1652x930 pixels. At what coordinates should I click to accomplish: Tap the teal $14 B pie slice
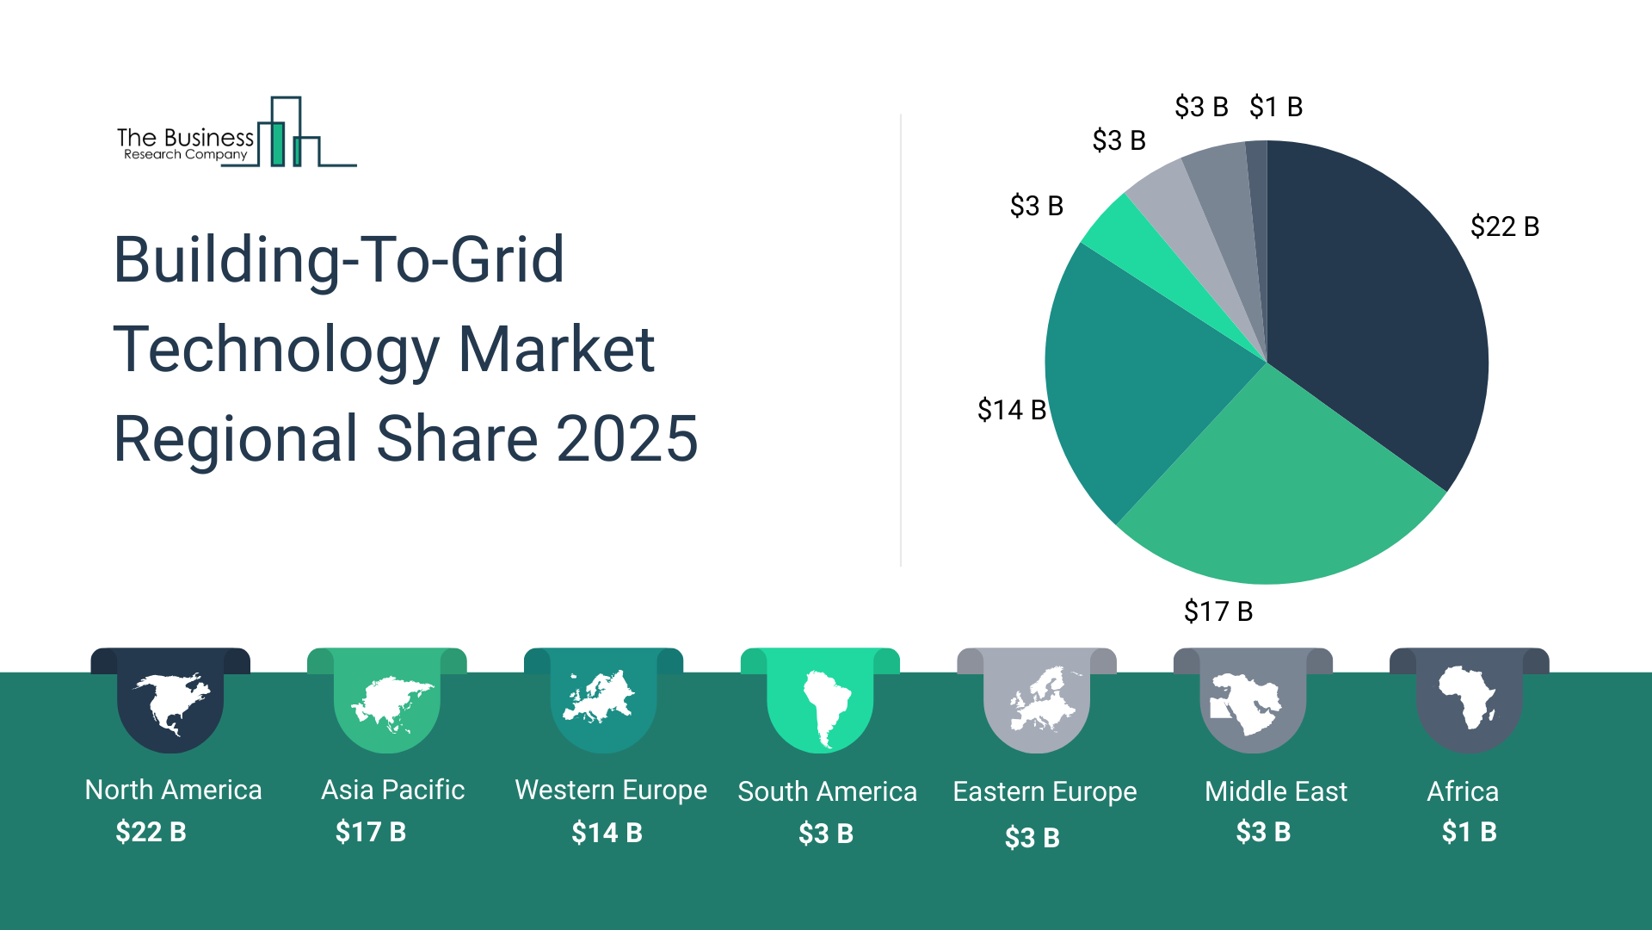pos(1136,379)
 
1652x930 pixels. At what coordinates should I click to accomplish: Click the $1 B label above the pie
pos(1276,107)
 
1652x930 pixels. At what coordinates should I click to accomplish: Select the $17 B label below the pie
pos(1218,611)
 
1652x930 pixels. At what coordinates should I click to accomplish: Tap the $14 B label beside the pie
pos(1012,410)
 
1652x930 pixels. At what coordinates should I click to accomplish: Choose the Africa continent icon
pos(1469,697)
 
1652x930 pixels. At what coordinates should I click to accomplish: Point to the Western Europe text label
pos(611,790)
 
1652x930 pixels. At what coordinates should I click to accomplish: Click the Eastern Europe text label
pos(1045,791)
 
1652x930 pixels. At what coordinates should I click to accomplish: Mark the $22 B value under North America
pos(151,832)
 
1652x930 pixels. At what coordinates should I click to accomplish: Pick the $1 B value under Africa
pos(1469,832)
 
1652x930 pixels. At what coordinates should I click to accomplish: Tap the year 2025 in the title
pos(626,438)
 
